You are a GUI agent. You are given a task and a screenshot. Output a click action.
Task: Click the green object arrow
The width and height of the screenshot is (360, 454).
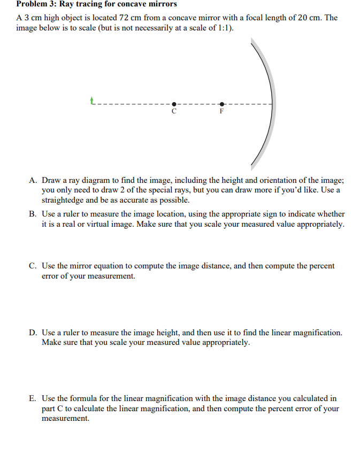click(x=93, y=100)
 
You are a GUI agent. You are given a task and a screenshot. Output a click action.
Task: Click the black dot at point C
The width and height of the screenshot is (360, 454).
click(x=173, y=104)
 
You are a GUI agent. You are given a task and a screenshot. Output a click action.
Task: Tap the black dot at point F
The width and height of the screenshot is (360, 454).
click(x=223, y=104)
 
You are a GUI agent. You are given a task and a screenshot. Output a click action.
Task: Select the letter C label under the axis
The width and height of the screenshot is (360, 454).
click(x=173, y=112)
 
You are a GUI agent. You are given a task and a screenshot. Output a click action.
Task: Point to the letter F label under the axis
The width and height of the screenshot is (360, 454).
click(x=223, y=112)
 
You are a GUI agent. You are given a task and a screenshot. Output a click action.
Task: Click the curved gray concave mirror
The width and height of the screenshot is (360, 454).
click(x=271, y=104)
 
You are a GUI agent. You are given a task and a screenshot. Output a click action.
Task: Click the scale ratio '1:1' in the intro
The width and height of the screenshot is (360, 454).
click(x=223, y=28)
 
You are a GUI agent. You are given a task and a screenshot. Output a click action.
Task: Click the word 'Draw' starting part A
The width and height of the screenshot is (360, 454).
click(x=51, y=181)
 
